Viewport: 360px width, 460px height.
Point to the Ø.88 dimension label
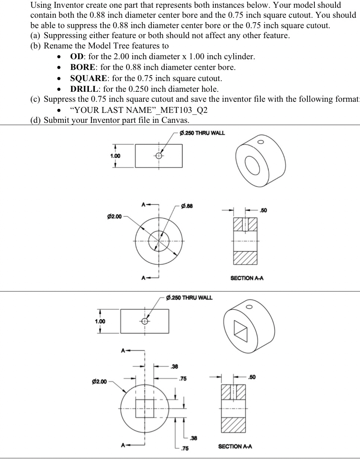pos(187,206)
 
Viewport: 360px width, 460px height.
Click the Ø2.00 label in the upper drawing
pos(114,216)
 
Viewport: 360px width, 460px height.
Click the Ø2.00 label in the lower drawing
pos(99,382)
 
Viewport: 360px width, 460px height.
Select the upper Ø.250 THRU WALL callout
pos(202,133)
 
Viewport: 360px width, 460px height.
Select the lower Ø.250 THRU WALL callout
pos(190,298)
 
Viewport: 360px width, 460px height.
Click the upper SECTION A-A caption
pos(247,278)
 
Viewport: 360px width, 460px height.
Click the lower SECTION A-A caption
pos(235,446)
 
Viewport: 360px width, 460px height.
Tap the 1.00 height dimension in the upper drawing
pos(115,156)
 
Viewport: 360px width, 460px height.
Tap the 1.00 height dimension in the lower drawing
pos(100,321)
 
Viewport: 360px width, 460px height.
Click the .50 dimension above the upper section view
pos(263,210)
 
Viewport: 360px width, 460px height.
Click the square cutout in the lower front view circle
pos(144,408)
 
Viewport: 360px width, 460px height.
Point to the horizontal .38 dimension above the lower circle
pos(174,366)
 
